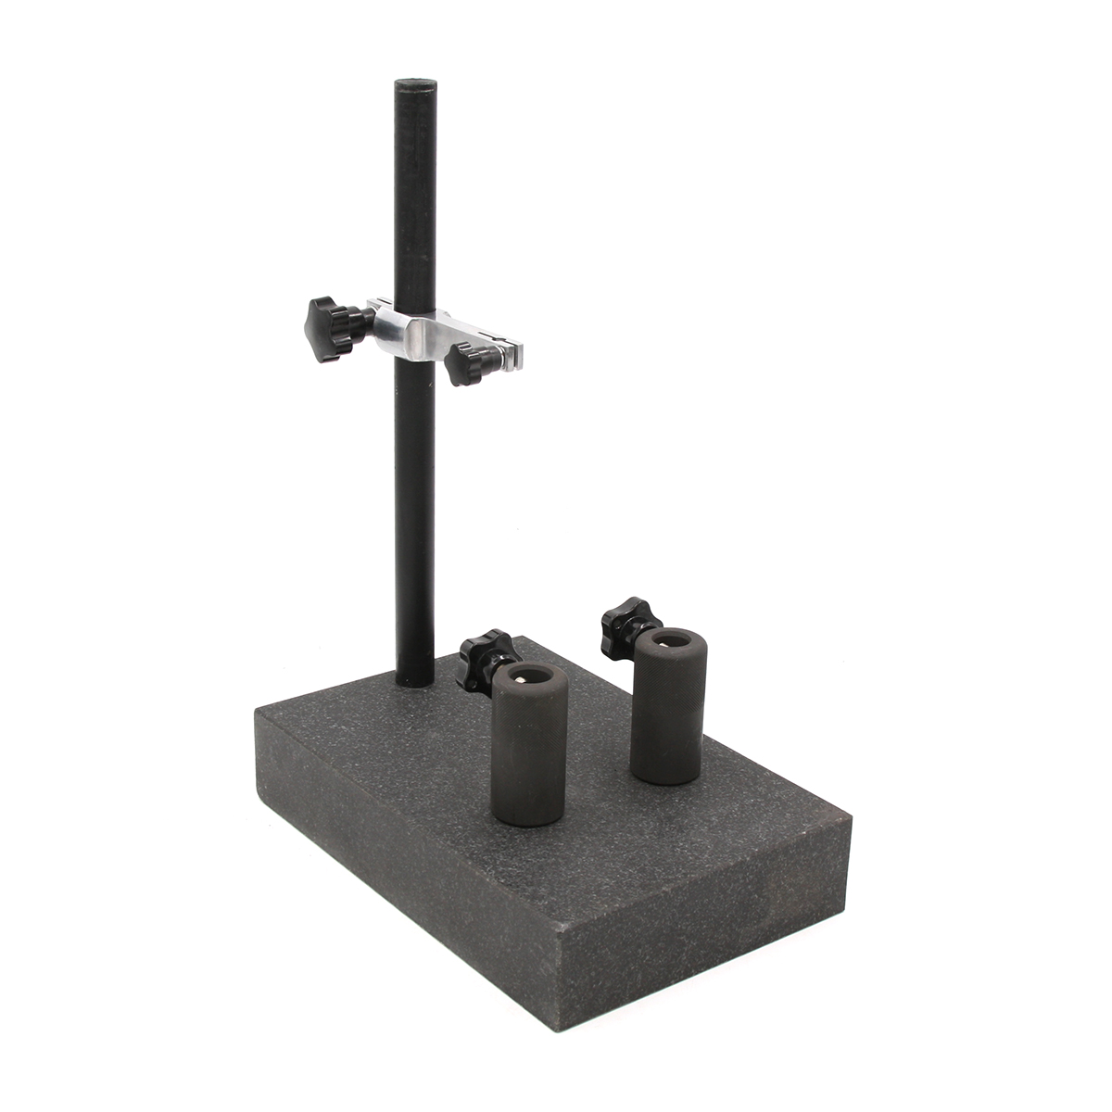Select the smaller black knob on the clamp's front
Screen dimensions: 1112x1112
(462, 362)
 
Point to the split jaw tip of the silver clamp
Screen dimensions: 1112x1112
(513, 350)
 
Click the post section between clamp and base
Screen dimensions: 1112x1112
(414, 519)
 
